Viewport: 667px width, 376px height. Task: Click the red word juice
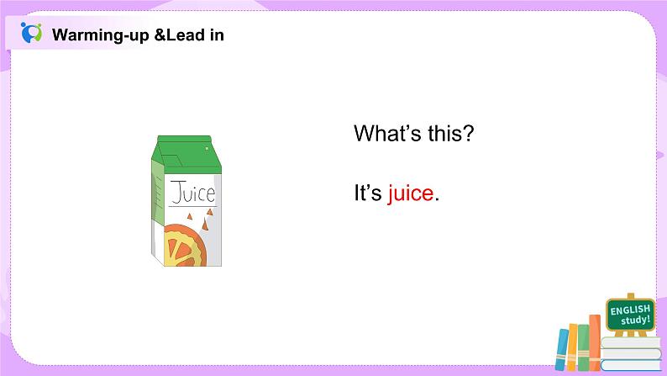[411, 193]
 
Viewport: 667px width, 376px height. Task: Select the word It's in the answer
[368, 193]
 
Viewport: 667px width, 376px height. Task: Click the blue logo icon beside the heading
[31, 34]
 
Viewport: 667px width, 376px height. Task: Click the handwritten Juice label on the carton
[192, 193]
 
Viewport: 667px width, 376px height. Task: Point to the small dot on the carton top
[207, 149]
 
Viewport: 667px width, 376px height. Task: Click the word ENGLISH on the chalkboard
[630, 310]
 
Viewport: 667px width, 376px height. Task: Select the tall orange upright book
[594, 343]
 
